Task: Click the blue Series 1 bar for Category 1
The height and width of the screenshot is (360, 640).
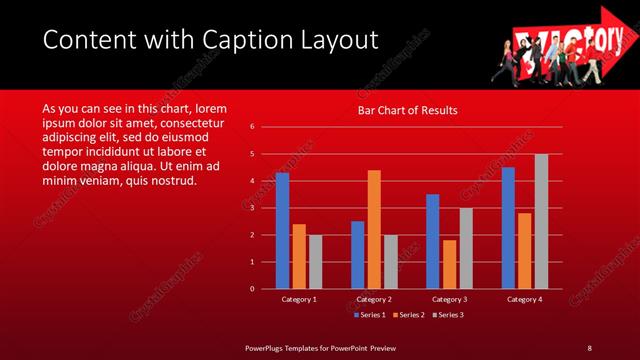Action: click(282, 231)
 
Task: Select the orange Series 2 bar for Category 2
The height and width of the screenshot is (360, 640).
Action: click(374, 229)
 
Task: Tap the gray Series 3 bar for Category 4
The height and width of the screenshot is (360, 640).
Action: click(541, 221)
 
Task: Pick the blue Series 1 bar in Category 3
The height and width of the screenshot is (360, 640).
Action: click(432, 241)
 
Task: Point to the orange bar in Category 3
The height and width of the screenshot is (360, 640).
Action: click(449, 264)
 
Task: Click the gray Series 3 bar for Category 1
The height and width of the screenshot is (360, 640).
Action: click(315, 262)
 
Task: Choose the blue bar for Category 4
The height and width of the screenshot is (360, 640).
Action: click(508, 228)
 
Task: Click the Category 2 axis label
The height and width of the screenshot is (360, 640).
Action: click(374, 299)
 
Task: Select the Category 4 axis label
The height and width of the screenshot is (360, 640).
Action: click(524, 299)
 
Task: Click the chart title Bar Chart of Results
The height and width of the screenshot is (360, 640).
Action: click(408, 110)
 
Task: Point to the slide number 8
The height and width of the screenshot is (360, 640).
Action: click(589, 347)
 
